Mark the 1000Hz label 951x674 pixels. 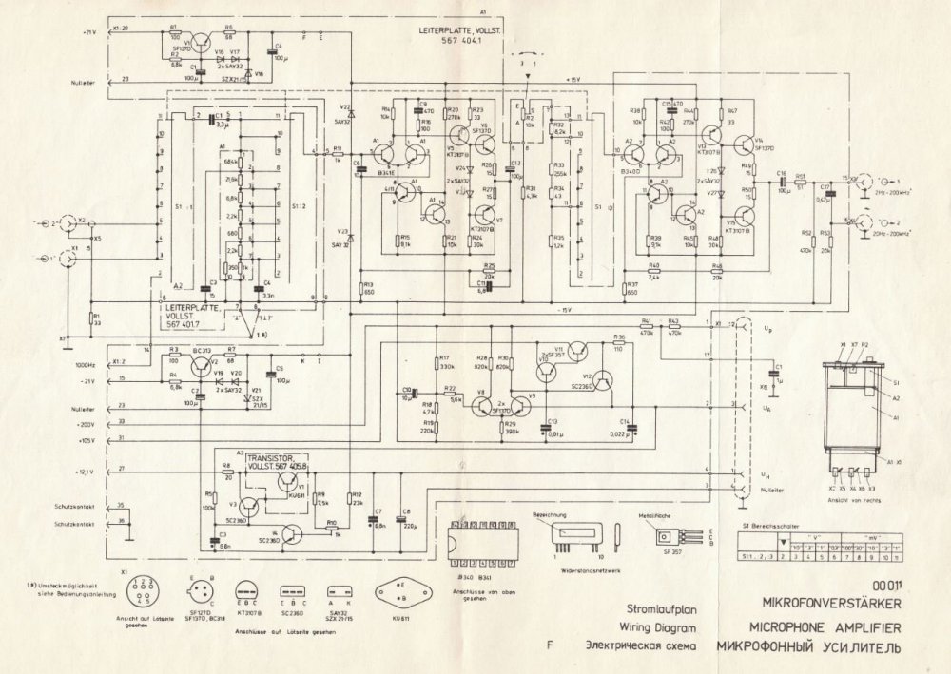(87, 364)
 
